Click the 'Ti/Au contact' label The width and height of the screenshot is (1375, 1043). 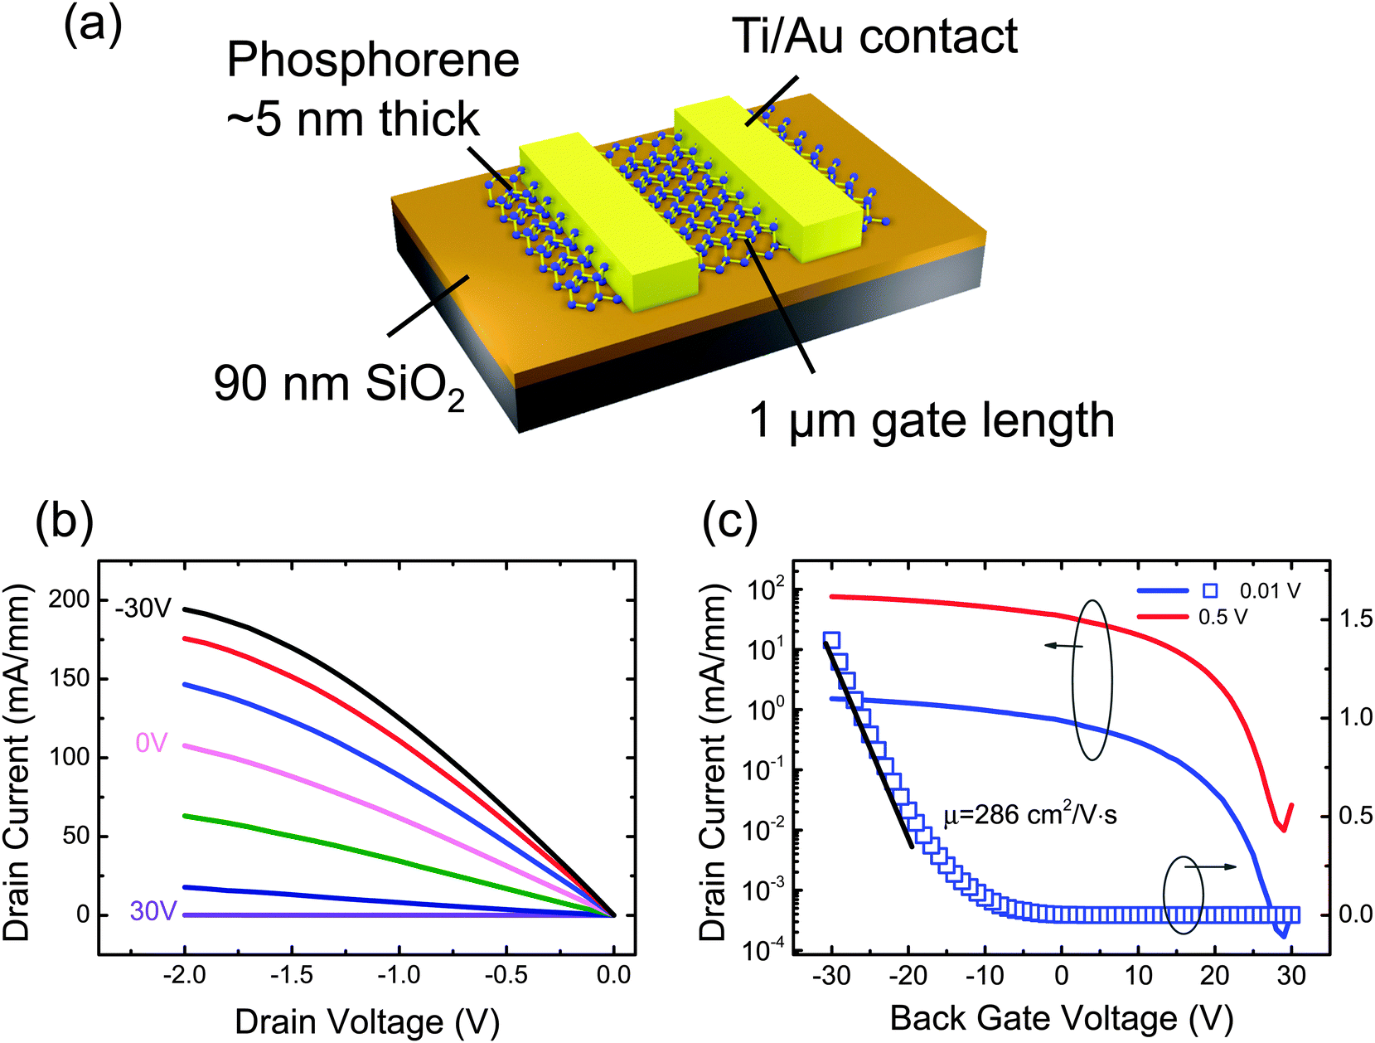pyautogui.click(x=874, y=37)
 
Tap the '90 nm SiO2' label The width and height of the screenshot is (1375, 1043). pyautogui.click(x=338, y=385)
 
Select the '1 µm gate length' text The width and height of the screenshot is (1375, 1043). pyautogui.click(x=931, y=420)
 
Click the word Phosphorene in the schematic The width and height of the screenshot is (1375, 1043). pyautogui.click(x=373, y=61)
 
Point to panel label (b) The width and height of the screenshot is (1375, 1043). pyautogui.click(x=64, y=524)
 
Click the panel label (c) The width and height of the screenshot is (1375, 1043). pyautogui.click(x=729, y=524)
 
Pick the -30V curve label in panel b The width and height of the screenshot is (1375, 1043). pyautogui.click(x=143, y=609)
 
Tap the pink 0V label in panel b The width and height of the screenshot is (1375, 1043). pyautogui.click(x=152, y=743)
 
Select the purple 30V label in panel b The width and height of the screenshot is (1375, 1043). pyautogui.click(x=153, y=912)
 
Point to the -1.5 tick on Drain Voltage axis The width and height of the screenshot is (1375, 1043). pyautogui.click(x=291, y=975)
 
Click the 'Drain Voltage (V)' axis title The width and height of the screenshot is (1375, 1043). pyautogui.click(x=366, y=1021)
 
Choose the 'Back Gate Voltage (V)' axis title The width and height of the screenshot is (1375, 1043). pyautogui.click(x=1061, y=1018)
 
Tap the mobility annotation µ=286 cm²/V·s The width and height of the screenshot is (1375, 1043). pyautogui.click(x=1030, y=816)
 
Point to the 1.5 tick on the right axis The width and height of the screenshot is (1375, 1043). pyautogui.click(x=1355, y=619)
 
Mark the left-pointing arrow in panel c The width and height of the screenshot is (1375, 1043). pyautogui.click(x=1063, y=645)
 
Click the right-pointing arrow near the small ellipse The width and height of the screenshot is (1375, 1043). pyautogui.click(x=1211, y=867)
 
